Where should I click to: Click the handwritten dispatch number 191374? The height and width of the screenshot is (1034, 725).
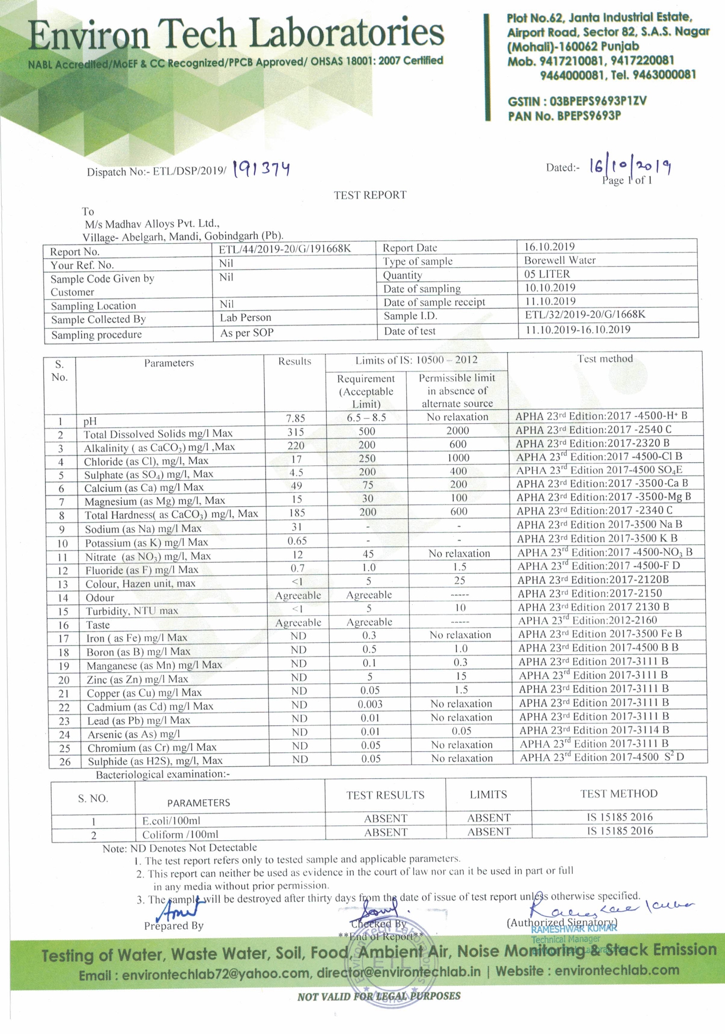coord(262,169)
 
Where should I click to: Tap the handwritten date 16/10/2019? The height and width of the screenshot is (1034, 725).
coord(630,166)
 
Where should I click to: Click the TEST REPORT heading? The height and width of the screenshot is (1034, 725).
coord(370,195)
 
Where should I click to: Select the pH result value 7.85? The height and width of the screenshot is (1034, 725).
coord(295,418)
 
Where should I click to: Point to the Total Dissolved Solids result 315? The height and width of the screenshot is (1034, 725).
coord(295,432)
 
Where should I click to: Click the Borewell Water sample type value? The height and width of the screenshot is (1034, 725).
coord(560,261)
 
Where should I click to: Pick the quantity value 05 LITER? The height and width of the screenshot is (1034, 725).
coord(547,274)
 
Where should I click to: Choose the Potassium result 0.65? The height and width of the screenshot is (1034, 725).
coord(297,540)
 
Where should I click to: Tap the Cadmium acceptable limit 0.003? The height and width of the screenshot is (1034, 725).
coord(370,704)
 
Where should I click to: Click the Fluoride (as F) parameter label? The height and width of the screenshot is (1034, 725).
coord(141,569)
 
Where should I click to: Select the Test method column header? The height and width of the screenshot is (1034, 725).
coord(605,359)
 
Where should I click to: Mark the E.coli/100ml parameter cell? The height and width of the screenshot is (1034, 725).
coord(171,821)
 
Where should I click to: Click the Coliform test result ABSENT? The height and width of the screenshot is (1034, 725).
coord(386,832)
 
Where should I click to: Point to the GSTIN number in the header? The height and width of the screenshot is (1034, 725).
coord(576,101)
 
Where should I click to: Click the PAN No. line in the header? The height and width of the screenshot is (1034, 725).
coord(564,116)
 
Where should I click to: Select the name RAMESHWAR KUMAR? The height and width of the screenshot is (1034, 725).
coord(574,929)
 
